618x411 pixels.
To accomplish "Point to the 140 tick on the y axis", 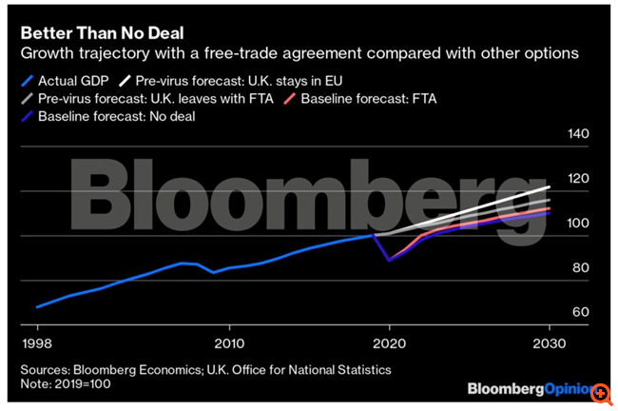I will point(578,135).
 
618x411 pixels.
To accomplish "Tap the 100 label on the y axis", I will point(578,224).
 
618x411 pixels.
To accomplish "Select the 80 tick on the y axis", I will point(580,268).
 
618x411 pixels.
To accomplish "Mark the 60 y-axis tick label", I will point(580,313).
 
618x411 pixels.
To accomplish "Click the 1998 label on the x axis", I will point(37,343).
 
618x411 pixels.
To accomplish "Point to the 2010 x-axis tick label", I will point(228,343).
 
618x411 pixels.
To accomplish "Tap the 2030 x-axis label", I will point(549,343).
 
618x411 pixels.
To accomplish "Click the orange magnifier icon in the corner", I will point(601,392).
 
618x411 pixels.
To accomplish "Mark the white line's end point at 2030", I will point(550,187).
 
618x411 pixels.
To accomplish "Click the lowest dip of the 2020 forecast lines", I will point(388,260).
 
